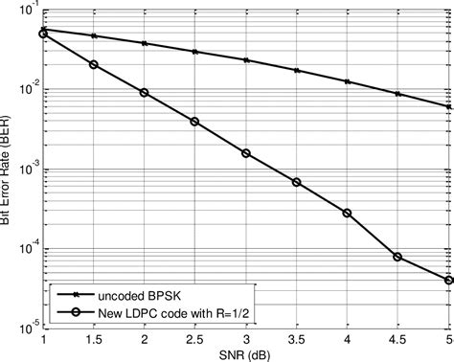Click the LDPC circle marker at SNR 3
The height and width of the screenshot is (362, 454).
[x=246, y=153]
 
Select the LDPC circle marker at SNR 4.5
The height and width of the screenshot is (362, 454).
[x=397, y=257]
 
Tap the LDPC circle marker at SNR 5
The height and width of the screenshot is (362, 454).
[x=447, y=281]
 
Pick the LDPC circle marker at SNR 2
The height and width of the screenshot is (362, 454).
[x=145, y=93]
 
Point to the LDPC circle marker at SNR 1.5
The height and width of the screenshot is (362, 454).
[x=94, y=65]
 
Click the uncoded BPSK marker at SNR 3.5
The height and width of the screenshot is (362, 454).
[x=297, y=71]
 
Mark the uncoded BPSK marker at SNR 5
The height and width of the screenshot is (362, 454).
[x=447, y=107]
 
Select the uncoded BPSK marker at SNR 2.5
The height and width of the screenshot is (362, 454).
[x=195, y=51]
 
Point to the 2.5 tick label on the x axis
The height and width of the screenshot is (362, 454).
[x=195, y=340]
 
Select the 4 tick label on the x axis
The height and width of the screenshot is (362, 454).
[x=347, y=340]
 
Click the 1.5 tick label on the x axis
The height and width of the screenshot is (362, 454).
[x=94, y=340]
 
